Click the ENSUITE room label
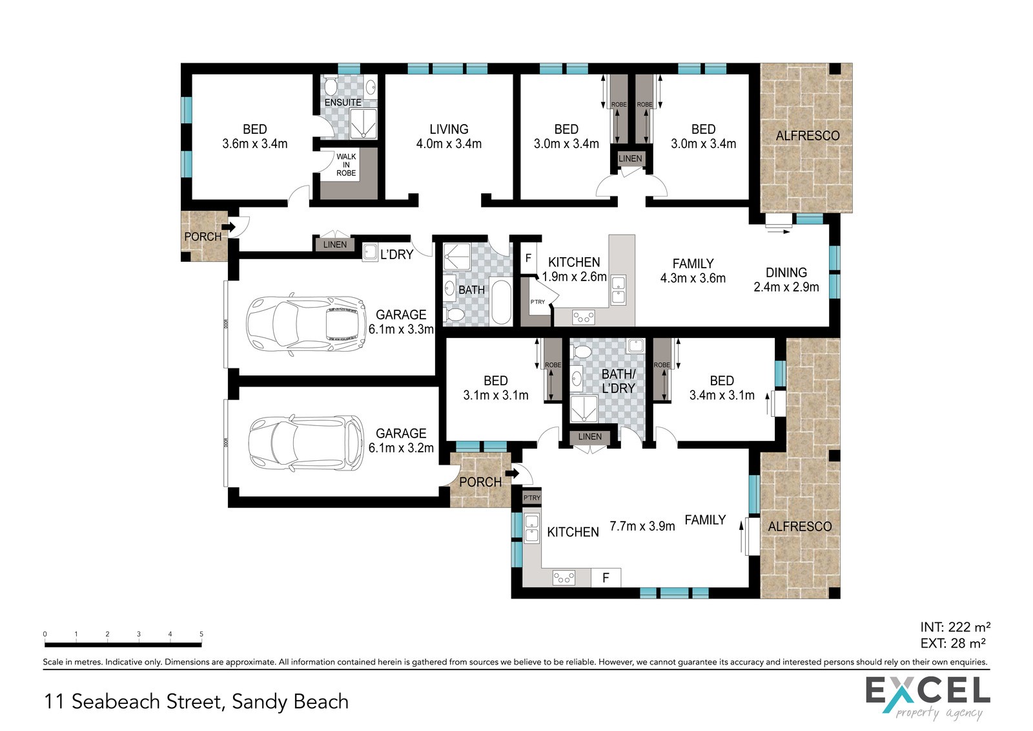point(343,103)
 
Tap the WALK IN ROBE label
point(346,165)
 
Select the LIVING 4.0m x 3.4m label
point(449,136)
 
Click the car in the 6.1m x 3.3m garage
point(306,324)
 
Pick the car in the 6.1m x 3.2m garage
point(306,443)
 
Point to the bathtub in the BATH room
point(501,302)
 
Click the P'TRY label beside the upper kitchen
point(538,302)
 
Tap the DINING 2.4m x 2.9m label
point(786,280)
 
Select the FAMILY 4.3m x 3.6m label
point(693,271)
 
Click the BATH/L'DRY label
point(619,381)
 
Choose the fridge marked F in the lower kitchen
point(606,577)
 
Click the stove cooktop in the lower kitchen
point(564,577)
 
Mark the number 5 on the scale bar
point(201,634)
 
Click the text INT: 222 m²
point(955,627)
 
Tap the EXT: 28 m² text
point(953,643)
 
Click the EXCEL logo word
point(928,691)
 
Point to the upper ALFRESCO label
point(808,136)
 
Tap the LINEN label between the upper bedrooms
point(630,158)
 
